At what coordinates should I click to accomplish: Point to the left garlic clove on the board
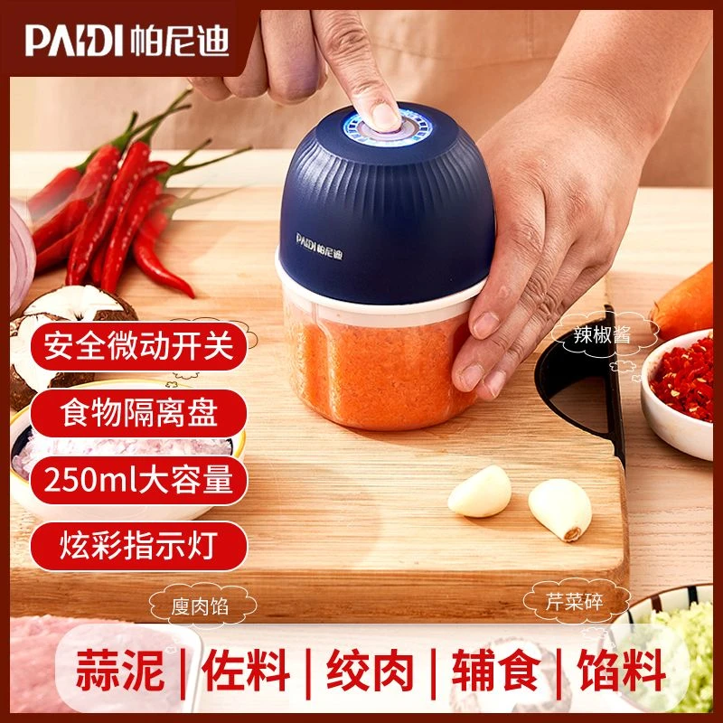click(480, 492)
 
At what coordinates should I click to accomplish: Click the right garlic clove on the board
click(559, 509)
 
